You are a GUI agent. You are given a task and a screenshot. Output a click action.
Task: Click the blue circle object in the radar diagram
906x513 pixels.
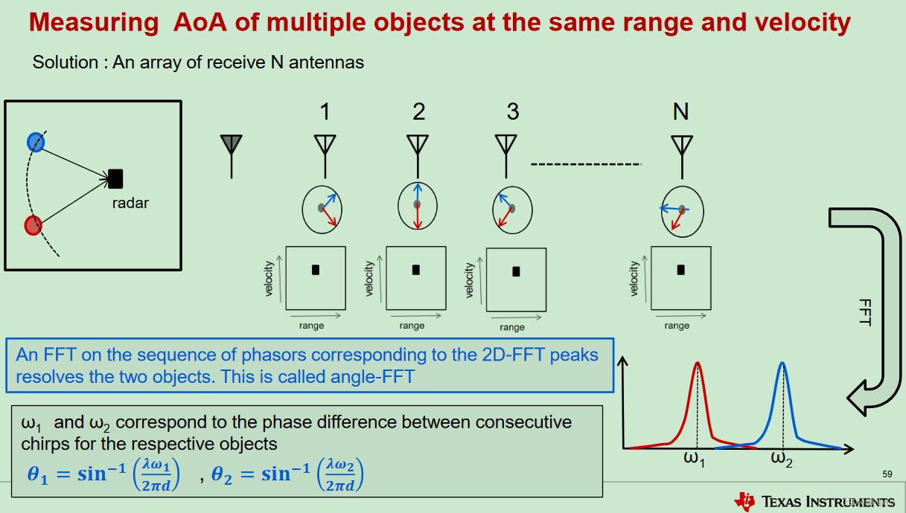point(35,141)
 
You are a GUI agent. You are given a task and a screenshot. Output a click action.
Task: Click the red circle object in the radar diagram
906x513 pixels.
point(33,225)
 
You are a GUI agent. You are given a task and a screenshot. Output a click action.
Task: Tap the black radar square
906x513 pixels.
point(115,178)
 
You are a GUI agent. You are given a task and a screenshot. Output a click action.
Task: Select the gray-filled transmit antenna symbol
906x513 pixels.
point(232,146)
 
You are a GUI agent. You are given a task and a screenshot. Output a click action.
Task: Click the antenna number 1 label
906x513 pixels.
point(325,112)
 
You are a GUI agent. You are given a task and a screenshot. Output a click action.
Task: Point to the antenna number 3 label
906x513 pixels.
point(512,112)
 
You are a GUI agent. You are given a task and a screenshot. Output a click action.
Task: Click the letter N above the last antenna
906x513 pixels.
point(680,112)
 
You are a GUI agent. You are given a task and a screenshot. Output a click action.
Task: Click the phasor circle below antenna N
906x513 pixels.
point(682,211)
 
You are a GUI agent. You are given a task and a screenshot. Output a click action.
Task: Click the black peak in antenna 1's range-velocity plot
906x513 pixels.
point(316,270)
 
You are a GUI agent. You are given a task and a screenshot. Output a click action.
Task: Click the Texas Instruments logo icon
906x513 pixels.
point(744,501)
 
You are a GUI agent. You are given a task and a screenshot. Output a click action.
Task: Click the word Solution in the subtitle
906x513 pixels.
point(65,62)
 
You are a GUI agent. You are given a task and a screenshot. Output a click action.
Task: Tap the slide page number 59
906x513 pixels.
point(887,474)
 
